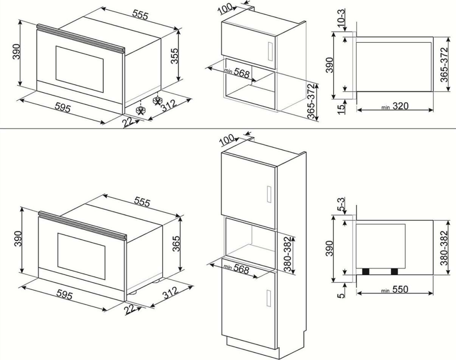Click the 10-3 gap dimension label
click(342, 20)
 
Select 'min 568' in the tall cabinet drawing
click(236, 269)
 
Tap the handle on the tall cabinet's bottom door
click(269, 299)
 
